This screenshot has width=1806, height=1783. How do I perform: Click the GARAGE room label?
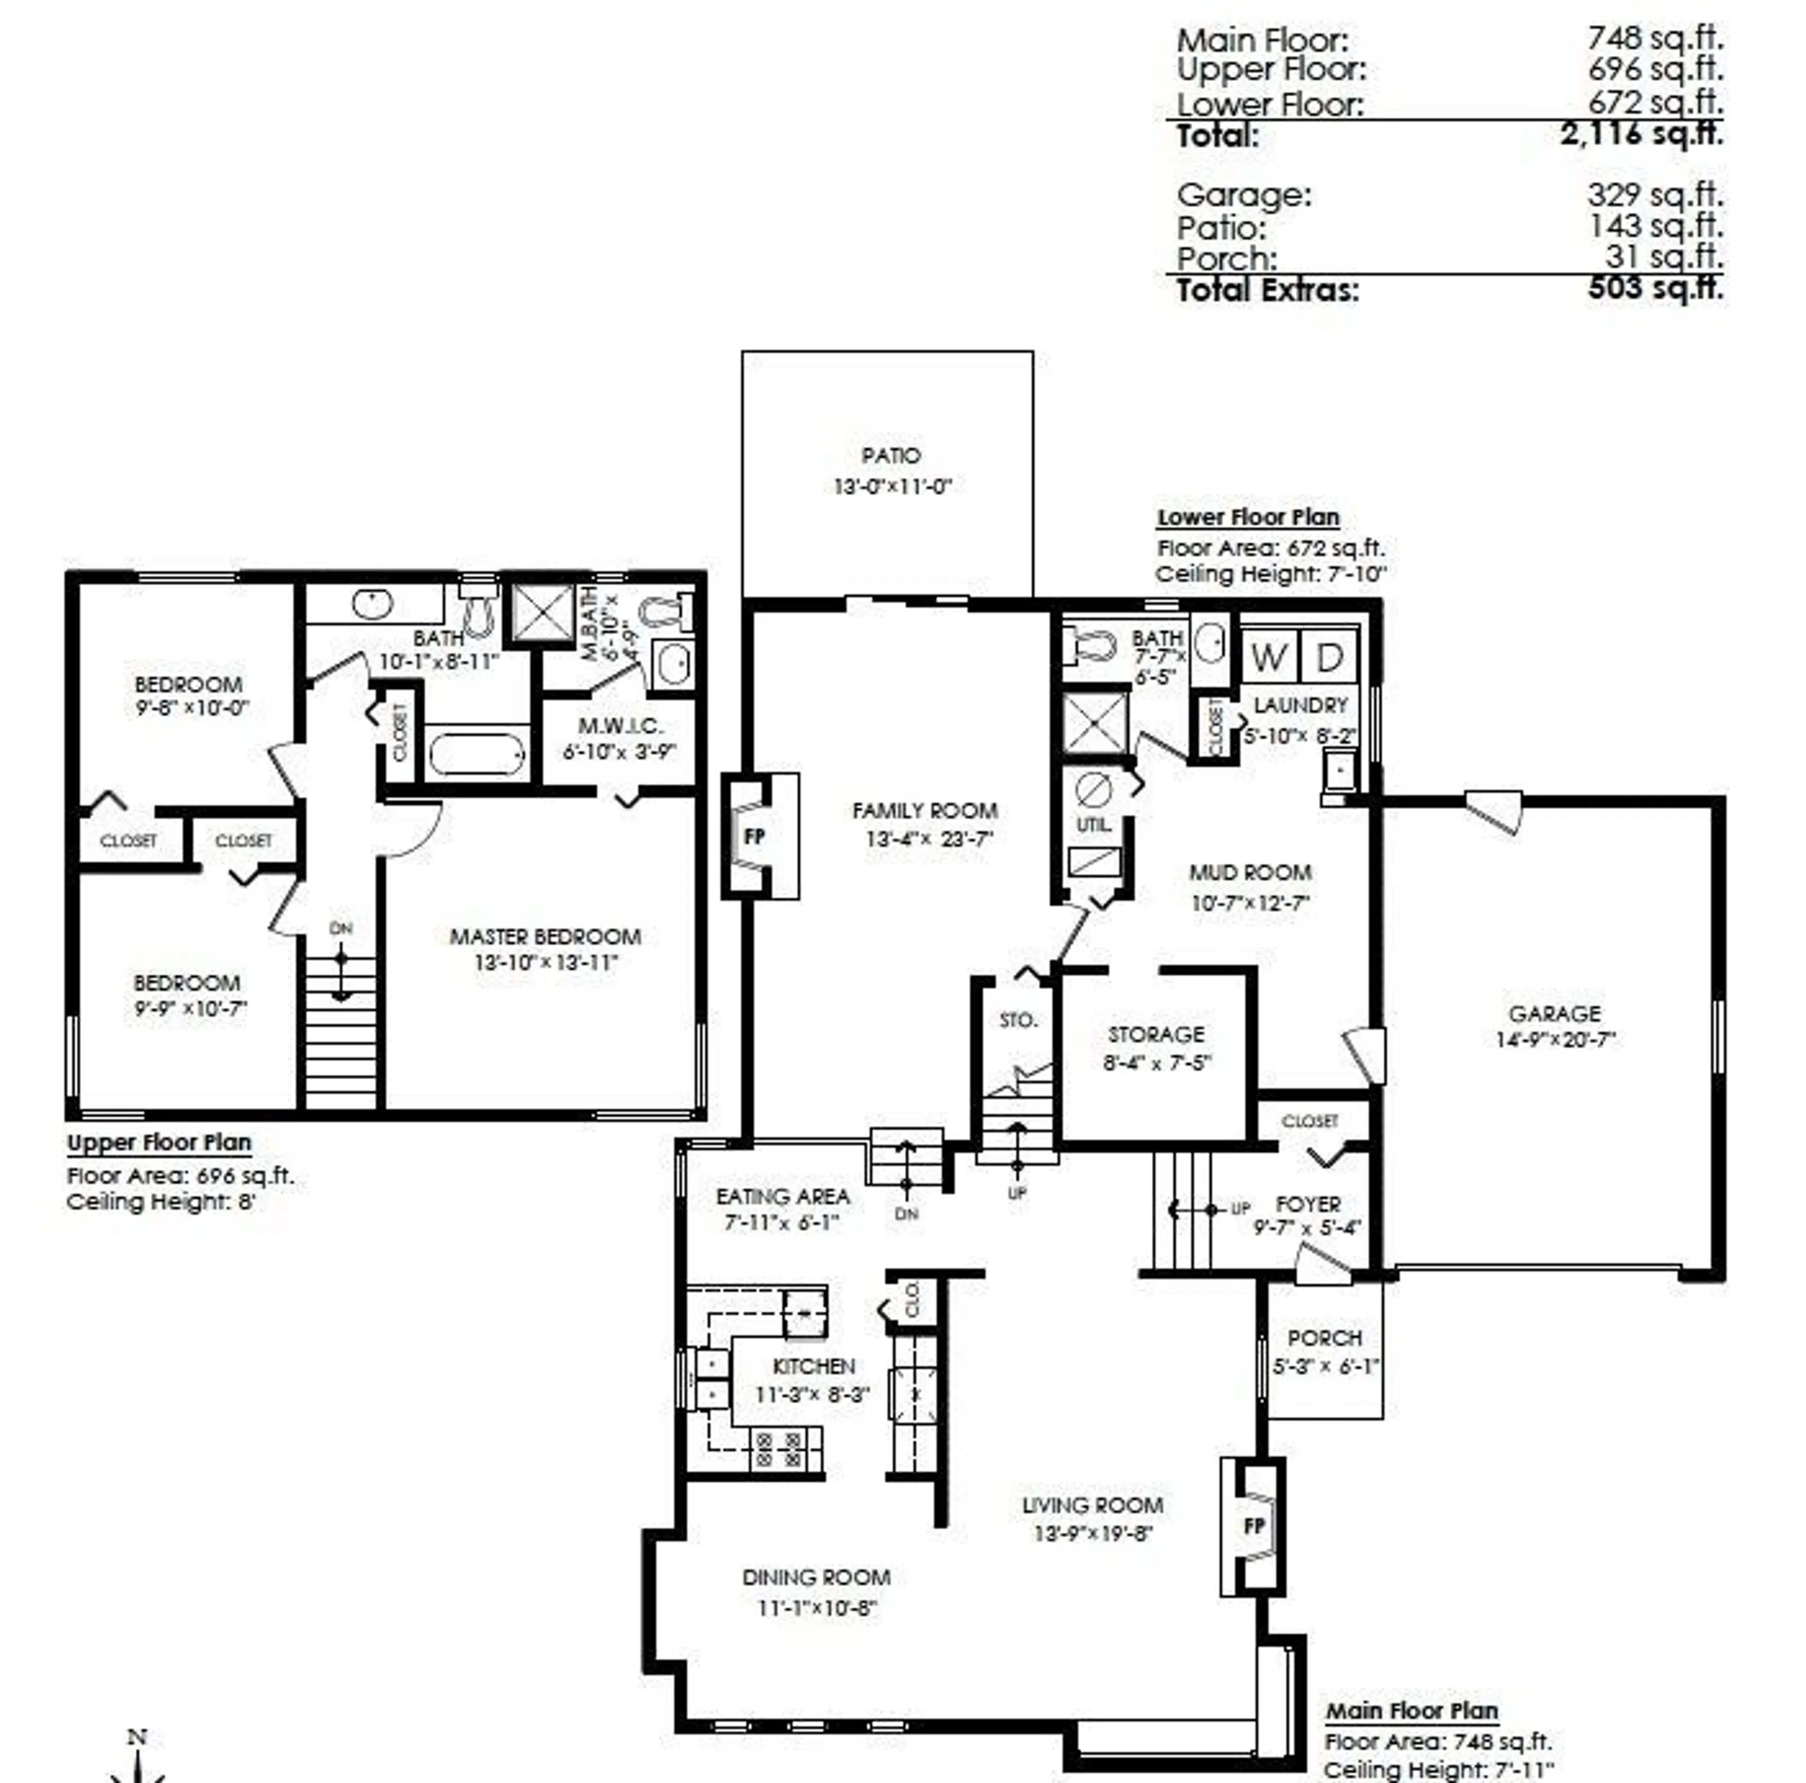(1554, 1014)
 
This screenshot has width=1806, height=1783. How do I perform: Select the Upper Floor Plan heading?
(159, 1142)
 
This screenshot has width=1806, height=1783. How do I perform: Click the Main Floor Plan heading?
(1411, 1711)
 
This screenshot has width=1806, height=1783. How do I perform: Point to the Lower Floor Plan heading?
(1248, 517)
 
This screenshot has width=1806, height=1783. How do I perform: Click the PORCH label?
(1324, 1338)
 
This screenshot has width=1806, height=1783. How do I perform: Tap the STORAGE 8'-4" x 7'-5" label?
(1156, 1047)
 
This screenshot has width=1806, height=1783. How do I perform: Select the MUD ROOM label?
(1250, 872)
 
